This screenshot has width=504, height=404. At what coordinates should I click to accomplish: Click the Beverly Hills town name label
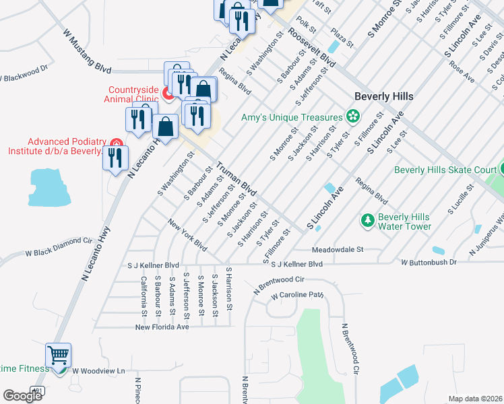click(x=384, y=96)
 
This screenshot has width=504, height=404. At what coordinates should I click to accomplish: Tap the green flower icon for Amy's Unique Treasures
click(x=352, y=117)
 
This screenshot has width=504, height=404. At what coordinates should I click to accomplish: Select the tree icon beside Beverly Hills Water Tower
click(x=367, y=220)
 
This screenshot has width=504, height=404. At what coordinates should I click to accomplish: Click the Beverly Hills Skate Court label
click(x=445, y=170)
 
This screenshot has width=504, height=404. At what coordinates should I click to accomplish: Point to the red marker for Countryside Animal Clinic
click(x=166, y=90)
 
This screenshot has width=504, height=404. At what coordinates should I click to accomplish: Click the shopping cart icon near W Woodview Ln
click(x=58, y=354)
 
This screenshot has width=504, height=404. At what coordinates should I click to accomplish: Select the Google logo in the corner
click(x=22, y=396)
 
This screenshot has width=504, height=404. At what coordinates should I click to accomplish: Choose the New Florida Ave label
click(x=162, y=327)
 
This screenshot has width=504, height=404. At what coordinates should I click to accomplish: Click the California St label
click(x=144, y=296)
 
